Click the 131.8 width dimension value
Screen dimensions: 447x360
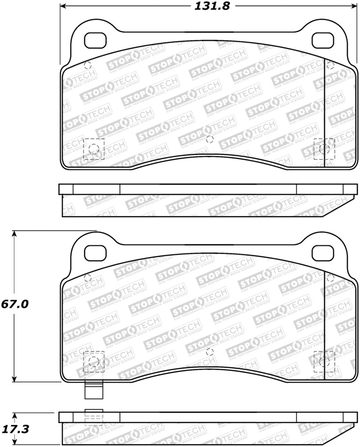coord(206,6)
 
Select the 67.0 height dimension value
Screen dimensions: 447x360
coord(14,304)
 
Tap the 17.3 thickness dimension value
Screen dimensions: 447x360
coord(14,429)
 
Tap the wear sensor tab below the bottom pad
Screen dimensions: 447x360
coord(94,390)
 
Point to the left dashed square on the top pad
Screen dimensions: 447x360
coord(94,149)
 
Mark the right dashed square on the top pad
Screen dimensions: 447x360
coord(324,149)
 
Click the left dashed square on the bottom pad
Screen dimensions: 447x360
coord(94,361)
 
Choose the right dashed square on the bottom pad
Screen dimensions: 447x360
coord(324,361)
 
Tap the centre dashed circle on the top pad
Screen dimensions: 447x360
coord(209,139)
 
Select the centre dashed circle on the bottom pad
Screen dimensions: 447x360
coord(209,352)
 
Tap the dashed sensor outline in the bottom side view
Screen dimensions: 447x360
coord(94,418)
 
